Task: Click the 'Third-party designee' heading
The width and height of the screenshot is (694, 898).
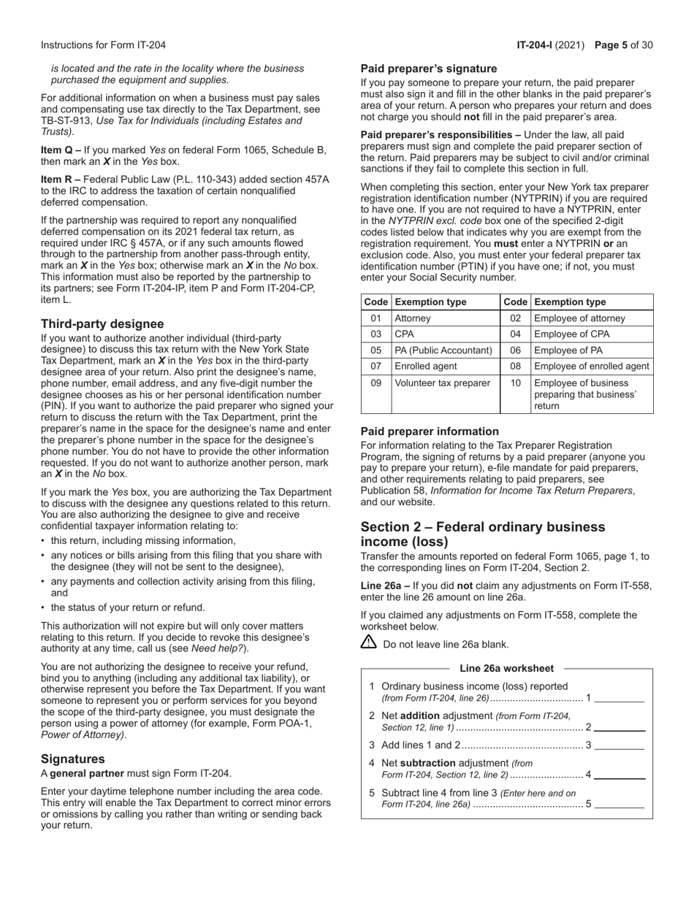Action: (102, 323)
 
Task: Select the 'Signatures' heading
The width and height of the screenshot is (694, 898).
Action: (73, 759)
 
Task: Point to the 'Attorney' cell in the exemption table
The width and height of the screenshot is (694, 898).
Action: (413, 318)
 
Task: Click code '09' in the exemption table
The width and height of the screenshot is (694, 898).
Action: (376, 383)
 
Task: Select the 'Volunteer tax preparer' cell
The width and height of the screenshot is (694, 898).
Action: (442, 383)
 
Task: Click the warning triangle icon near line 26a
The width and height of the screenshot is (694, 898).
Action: (369, 642)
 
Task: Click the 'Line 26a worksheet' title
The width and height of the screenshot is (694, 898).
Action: (506, 668)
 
